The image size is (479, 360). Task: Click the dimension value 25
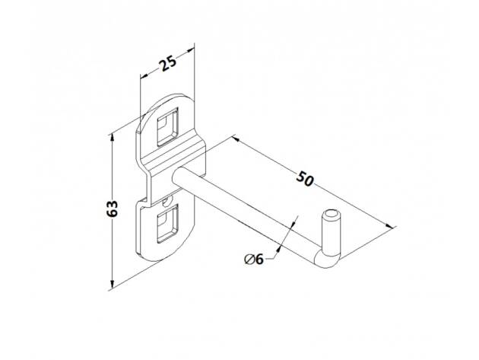[168, 63]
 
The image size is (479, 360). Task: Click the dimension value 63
[113, 209]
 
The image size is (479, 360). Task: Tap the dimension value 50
[305, 179]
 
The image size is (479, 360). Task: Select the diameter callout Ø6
[254, 260]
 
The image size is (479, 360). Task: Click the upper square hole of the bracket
[167, 126]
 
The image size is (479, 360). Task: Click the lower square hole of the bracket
[167, 224]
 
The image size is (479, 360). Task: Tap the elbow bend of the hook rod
[326, 260]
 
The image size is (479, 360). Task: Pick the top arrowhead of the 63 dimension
[113, 137]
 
